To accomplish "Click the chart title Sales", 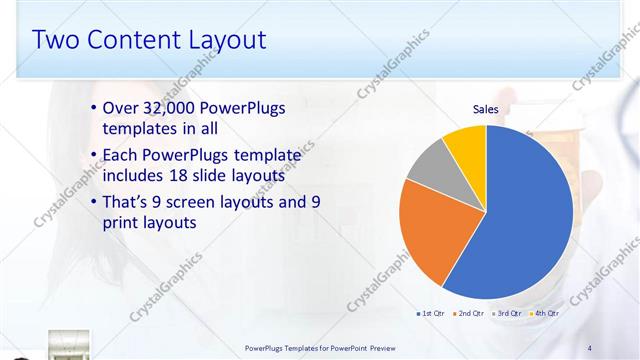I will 485,109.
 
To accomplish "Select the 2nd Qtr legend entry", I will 471,313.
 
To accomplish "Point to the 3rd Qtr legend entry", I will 509,313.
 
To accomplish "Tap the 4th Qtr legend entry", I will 546,313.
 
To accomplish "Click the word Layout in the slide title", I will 229,40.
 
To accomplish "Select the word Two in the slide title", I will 55,40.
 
